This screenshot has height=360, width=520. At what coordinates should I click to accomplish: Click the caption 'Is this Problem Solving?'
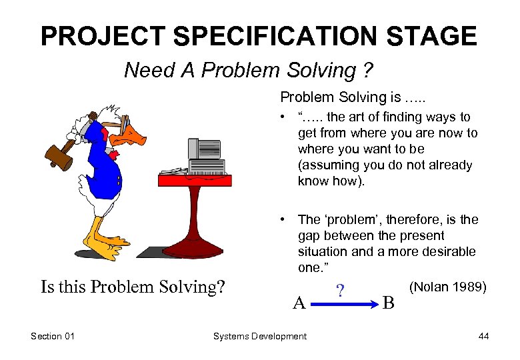pos(133,287)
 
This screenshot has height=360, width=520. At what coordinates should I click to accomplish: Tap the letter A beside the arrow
pos(300,303)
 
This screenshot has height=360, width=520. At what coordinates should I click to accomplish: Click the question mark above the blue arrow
pos(341,291)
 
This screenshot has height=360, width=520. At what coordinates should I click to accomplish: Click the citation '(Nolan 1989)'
pos(447,287)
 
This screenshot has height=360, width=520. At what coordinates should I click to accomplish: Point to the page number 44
pos(483,336)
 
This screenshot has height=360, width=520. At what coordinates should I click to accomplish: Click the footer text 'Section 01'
pos(53,336)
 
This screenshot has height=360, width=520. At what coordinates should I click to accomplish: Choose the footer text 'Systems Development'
pos(259,336)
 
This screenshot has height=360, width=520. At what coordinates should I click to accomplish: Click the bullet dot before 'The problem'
pos(285,219)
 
